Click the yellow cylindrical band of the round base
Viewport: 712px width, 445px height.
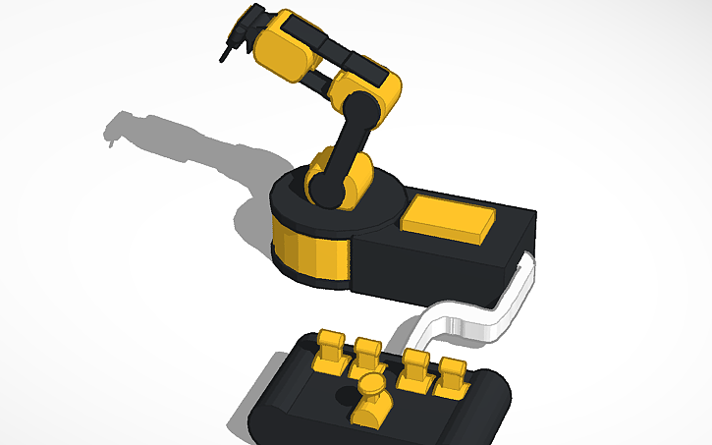click(309, 252)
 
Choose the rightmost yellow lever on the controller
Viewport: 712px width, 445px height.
click(452, 373)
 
